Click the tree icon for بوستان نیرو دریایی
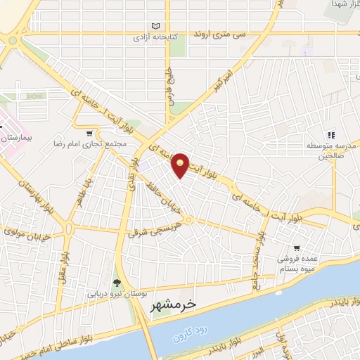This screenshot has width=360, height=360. [116, 283]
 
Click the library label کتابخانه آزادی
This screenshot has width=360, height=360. [153, 36]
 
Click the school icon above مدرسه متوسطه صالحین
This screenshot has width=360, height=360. [330, 135]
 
